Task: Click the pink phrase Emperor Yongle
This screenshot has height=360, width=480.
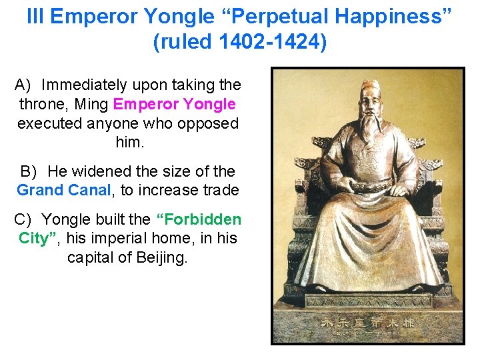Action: (175, 104)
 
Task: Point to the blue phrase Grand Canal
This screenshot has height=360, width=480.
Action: (64, 190)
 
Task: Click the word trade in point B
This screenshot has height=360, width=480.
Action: (217, 190)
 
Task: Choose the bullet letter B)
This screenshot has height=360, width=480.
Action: (27, 171)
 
